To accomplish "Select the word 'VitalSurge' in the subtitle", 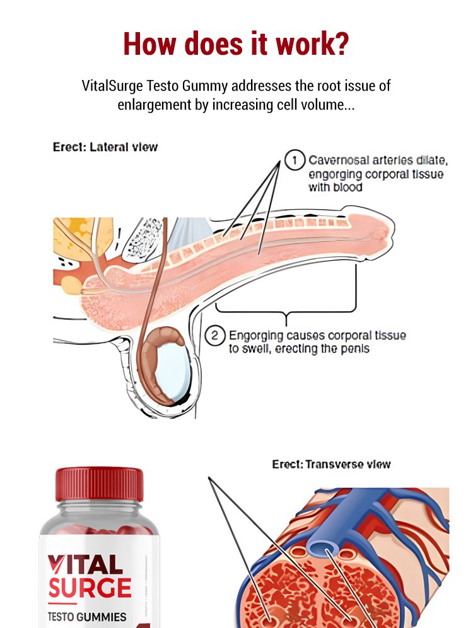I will coord(112,85).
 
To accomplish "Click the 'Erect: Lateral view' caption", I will coord(105,147).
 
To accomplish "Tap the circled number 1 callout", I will coord(295,160).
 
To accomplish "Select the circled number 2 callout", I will coord(215,336).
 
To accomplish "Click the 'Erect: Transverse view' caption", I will coord(332,465).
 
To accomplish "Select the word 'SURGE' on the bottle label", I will coord(90,587).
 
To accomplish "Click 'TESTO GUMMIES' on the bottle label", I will coord(87,617).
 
